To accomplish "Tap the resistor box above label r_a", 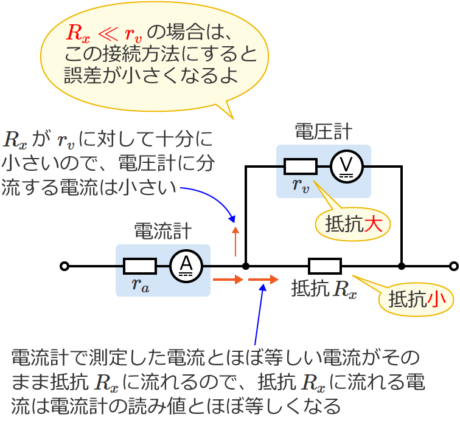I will pyautogui.click(x=140, y=266).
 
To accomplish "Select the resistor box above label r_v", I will pyautogui.click(x=301, y=166).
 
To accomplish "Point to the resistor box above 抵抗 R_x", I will pyautogui.click(x=324, y=266).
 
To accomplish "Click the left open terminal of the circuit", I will pyautogui.click(x=64, y=266).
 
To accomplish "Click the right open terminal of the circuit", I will pyautogui.click(x=453, y=266).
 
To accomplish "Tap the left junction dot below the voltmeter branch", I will pyautogui.click(x=245, y=266).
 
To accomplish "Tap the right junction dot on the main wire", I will pyautogui.click(x=402, y=266).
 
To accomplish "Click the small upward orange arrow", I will pyautogui.click(x=236, y=240).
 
